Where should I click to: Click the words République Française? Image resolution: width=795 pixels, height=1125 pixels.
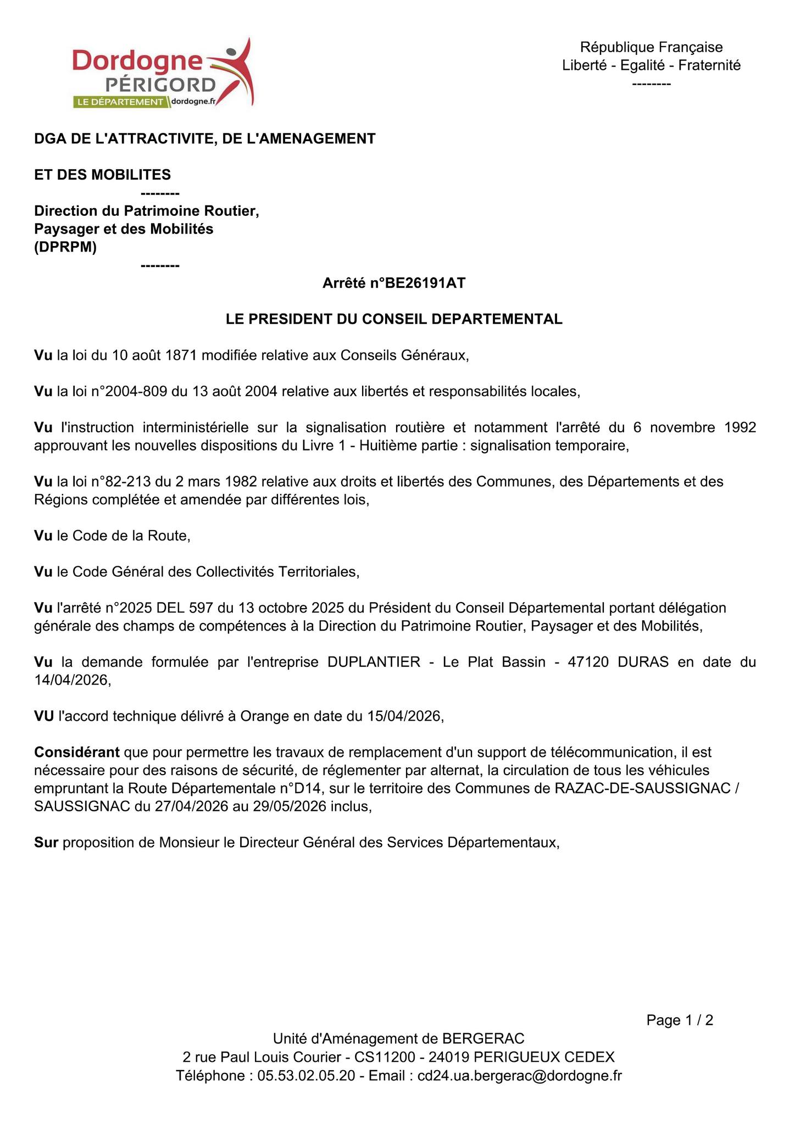point(651,47)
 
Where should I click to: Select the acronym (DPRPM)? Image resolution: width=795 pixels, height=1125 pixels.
point(65,247)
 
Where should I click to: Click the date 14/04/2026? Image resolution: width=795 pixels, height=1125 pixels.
point(72,680)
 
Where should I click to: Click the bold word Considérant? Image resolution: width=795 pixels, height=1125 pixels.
point(77,752)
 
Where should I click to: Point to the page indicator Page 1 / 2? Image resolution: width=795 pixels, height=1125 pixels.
point(680,1021)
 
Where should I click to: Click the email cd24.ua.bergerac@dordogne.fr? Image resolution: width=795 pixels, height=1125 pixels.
point(520,1076)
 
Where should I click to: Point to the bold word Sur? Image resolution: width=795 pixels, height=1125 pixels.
point(46,842)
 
